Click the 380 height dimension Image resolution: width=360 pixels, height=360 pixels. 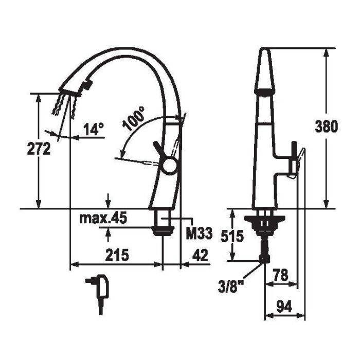coord(326,127)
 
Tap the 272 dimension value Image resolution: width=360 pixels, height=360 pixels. coord(39,148)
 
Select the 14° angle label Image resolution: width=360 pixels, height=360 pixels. coord(94,129)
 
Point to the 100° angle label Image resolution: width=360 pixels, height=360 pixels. coord(133,118)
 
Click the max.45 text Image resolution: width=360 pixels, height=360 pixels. coord(103,219)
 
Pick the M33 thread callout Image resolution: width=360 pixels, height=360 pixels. coord(200,234)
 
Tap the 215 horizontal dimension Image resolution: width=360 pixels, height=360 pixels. coord(117,255)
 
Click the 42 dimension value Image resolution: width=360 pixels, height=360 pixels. coord(200,255)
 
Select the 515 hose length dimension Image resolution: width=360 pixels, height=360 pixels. coord(232,236)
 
